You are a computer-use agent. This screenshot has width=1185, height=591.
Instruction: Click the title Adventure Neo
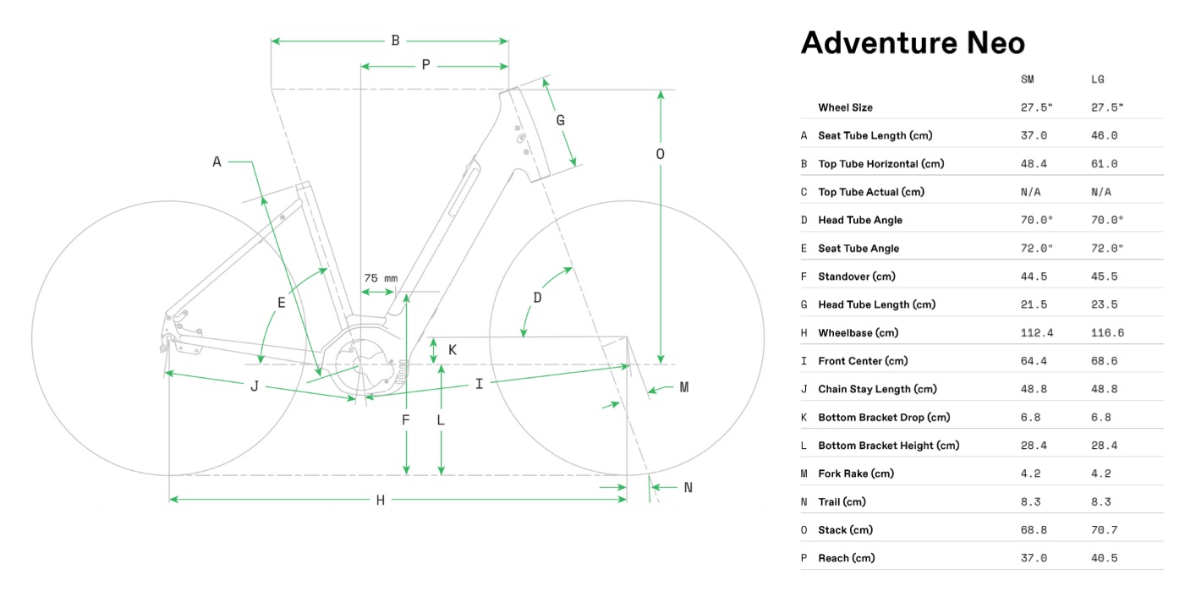913,42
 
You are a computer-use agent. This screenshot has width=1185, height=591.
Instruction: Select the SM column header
1028,79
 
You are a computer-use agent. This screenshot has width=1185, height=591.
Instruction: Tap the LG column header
1098,79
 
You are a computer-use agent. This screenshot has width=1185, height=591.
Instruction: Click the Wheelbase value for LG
1107,333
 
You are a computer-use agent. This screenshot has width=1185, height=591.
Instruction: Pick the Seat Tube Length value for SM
1034,135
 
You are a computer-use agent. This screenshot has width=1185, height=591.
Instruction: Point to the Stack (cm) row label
845,530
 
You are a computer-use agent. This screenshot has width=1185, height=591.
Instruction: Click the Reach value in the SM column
1034,558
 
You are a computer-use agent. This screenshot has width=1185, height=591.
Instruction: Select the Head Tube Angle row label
860,220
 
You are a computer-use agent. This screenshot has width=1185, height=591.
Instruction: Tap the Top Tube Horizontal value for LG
1104,164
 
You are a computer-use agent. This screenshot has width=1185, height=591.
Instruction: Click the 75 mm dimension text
381,278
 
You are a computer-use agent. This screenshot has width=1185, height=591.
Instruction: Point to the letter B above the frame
395,41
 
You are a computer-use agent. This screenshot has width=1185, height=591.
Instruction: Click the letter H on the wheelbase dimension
381,501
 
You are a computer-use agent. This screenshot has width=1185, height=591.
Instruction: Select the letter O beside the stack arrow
660,154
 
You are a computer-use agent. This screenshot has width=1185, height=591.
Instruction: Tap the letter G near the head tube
560,120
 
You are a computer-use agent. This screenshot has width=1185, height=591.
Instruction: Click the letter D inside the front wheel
537,298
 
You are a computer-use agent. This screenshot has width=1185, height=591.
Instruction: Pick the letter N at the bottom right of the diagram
688,487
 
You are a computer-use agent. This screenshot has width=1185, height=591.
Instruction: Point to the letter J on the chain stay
254,386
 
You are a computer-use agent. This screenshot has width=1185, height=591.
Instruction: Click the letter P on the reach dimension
425,65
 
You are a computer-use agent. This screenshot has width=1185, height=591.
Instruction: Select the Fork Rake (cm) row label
856,473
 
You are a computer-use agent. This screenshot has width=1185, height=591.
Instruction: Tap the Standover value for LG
1104,276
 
